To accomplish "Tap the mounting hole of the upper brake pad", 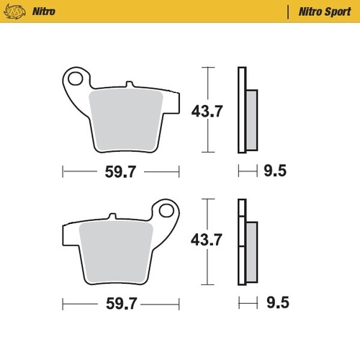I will [x=76, y=76].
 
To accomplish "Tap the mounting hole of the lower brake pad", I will [x=166, y=212].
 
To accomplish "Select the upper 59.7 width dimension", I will [x=120, y=171].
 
